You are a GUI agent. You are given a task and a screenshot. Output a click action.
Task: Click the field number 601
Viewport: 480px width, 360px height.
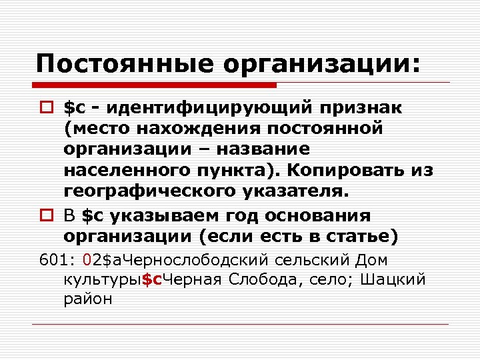pos(51,261)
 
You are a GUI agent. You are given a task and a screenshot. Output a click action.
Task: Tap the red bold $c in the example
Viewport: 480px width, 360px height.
pos(153,279)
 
